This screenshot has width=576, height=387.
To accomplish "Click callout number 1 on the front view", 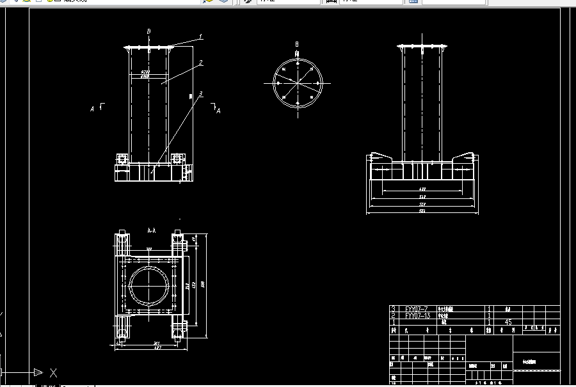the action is (x=200, y=37).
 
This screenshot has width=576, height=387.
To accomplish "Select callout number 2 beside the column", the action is (x=200, y=63).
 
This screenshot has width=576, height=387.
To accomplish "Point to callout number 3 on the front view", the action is (x=200, y=94).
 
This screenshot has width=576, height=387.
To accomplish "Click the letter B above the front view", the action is (x=148, y=31).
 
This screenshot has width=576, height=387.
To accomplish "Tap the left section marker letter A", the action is (x=92, y=109).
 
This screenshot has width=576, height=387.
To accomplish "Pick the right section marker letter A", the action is (x=219, y=111).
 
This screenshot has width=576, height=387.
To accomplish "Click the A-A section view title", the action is (x=152, y=229).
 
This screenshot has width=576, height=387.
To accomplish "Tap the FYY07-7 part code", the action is (x=416, y=308).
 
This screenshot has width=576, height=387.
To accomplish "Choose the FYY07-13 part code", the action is (x=417, y=315).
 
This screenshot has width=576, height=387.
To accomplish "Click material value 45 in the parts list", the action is (x=508, y=322).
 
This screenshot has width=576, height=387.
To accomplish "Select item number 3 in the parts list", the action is (x=393, y=308).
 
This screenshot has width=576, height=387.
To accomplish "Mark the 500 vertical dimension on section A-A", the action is (x=202, y=284).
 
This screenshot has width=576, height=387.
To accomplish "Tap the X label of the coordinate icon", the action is (x=54, y=372).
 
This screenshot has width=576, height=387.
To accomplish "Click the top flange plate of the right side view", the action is (x=422, y=48).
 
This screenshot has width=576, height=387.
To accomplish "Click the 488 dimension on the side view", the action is (x=422, y=189).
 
